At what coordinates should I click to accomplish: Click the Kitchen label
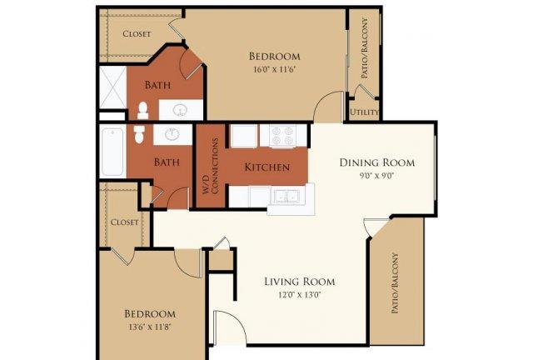(267, 167)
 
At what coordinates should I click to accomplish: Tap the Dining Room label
(377, 162)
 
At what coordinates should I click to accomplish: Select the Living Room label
(300, 282)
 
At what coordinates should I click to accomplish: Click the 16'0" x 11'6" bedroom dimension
(274, 70)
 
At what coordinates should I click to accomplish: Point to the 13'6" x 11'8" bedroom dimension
(150, 327)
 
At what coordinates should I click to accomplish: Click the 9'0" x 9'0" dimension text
(377, 176)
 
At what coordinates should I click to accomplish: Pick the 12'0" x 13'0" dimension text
(300, 295)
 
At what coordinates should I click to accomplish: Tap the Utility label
(364, 112)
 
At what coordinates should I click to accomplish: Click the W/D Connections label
(210, 166)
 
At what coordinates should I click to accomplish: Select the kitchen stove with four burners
(283, 136)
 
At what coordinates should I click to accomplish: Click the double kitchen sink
(286, 197)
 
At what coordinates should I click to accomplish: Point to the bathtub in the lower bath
(112, 152)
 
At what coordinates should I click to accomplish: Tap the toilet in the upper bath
(143, 110)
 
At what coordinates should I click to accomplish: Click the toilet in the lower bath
(139, 135)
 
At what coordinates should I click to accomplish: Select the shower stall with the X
(113, 87)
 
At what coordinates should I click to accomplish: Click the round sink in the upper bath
(180, 110)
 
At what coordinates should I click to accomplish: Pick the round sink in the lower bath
(172, 133)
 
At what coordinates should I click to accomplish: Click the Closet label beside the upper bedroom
(137, 33)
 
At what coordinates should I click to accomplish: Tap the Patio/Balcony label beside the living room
(395, 282)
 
